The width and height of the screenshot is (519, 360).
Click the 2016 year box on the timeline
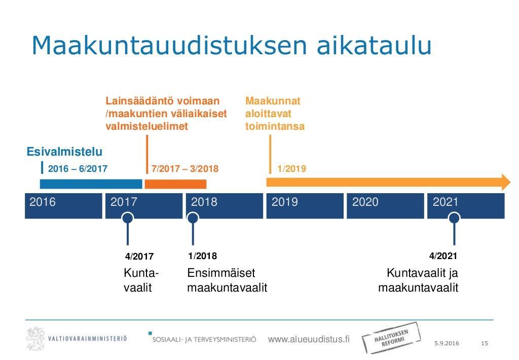point(63,206)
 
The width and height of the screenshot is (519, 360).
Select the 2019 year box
point(305,206)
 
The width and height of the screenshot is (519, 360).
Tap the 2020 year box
point(385,206)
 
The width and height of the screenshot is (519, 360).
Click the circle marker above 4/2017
point(127,218)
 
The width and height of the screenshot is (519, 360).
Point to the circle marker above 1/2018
point(193,218)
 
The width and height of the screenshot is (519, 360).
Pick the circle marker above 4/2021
point(454,218)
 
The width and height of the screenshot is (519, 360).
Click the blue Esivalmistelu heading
point(64,152)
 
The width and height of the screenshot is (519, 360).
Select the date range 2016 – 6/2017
point(78,169)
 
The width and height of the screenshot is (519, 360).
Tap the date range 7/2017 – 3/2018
point(184,169)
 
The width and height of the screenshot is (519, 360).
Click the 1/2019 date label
point(291,169)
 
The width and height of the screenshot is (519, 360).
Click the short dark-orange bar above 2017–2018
point(175,184)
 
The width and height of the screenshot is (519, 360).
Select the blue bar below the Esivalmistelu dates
point(91,184)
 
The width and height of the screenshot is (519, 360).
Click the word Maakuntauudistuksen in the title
point(169,45)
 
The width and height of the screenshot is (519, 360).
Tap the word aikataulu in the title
point(375,45)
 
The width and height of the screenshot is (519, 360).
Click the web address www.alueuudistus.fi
point(309,339)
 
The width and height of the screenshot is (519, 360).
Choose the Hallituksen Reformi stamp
point(391,338)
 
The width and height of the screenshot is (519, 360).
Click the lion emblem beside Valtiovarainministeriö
point(35,338)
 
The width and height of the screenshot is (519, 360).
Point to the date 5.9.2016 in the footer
point(447,343)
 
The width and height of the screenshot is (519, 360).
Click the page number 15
point(485,343)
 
